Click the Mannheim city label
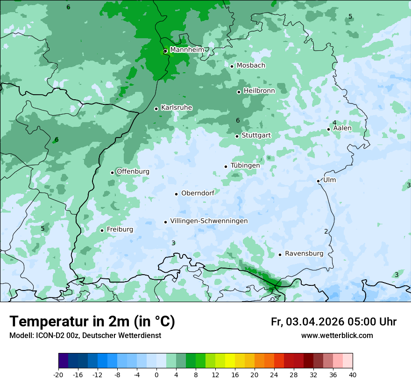pos(187,50)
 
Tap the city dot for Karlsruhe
pos(156,109)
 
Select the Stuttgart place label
pos(256,135)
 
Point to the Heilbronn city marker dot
pos(239,92)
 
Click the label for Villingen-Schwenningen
pos(209,221)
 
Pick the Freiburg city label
pos(120,229)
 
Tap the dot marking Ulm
pos(318,181)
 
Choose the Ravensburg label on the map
pos(304,254)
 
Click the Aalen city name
pos(342,128)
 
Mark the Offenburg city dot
pos(112,173)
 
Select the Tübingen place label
pos(245,166)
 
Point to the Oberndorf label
pos(198,193)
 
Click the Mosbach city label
pos(251,66)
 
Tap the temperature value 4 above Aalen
pos(334,123)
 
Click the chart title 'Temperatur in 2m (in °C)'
pos(92,322)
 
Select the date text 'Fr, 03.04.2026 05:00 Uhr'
pos(333,322)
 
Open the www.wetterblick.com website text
pos(337,336)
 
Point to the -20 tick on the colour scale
pos(58,375)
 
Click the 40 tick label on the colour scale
pos(352,375)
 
